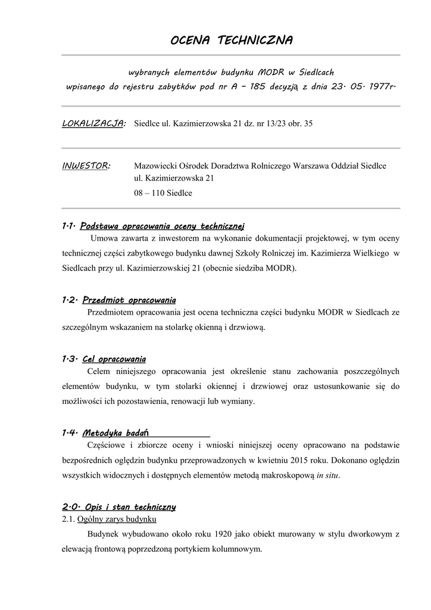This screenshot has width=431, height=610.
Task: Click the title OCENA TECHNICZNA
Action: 231,41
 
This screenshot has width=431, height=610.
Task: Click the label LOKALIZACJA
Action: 93,123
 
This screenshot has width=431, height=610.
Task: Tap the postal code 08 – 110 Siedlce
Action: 163,193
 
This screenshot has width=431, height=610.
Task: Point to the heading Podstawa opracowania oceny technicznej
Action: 162,226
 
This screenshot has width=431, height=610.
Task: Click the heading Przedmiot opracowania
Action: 129,300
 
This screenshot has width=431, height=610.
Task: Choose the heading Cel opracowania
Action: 114,359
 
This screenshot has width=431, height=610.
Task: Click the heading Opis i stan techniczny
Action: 129,507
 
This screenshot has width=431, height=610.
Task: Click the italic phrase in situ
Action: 327,475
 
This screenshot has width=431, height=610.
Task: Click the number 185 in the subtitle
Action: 258,87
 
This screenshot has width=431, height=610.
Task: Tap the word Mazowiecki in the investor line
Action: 154,166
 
